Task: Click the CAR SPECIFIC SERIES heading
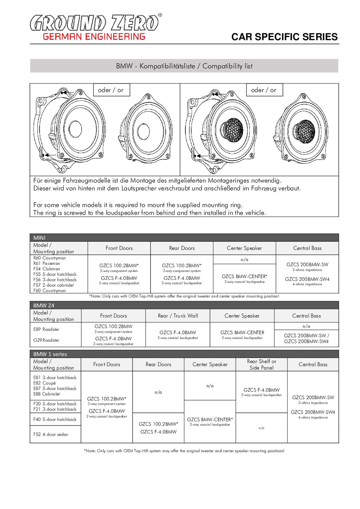click(x=284, y=37)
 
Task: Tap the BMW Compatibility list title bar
click(x=184, y=66)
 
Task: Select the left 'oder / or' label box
click(x=111, y=90)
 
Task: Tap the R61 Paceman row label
click(x=47, y=263)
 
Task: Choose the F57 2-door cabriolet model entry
click(x=54, y=285)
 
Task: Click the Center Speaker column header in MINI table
click(x=244, y=248)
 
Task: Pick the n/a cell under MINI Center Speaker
click(x=244, y=259)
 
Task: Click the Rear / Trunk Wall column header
click(x=178, y=316)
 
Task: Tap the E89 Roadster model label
click(x=46, y=329)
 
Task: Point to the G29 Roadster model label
click(x=46, y=340)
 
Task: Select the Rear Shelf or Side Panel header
click(x=262, y=364)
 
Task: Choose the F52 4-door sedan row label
click(x=51, y=434)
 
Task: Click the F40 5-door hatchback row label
click(x=55, y=419)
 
